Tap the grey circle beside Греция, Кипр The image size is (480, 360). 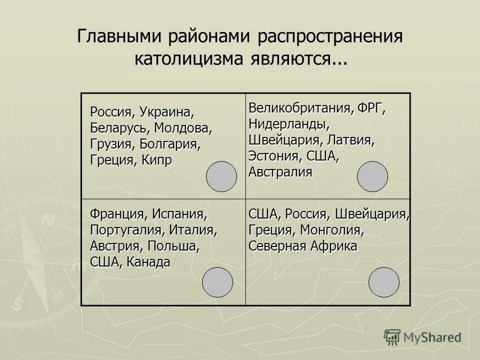coord(221,176)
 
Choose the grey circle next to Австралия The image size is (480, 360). coord(372,176)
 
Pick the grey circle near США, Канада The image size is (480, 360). coord(217,282)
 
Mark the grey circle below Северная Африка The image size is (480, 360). coord(384,282)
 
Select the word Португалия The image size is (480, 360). coord(125,230)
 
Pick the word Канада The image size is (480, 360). coord(148,261)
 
